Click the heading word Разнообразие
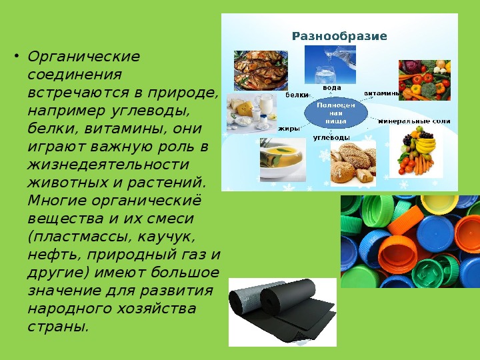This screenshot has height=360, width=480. pos(339,36)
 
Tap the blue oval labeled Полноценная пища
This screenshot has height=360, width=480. pos(336,113)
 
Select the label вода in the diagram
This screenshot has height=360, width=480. pos(332,88)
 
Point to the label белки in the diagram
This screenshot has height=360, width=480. pos(297,95)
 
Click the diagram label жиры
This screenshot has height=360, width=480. pos(289,129)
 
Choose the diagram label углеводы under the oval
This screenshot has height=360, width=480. pos(331,137)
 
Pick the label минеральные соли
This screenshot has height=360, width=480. pos(414,121)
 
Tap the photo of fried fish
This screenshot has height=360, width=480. pos(261,71)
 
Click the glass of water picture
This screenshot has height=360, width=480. pos(330,65)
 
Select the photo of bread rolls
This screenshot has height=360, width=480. pos(353,163)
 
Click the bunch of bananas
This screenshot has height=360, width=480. pos(425,145)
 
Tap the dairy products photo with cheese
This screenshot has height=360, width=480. pos(251,113)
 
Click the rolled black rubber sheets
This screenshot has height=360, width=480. pos(283,312)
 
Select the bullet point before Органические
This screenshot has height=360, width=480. pos(16,57)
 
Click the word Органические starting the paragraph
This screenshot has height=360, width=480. pos(83,57)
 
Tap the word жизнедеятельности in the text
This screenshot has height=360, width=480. pos(108,165)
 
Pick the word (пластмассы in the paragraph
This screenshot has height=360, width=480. pos(78,237)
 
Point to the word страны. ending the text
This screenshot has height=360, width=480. pos(58,327)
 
